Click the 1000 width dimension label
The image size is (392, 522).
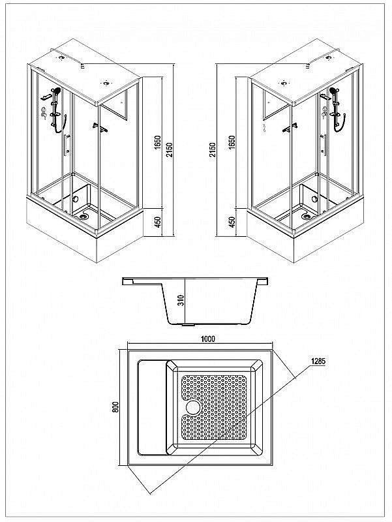[208, 339]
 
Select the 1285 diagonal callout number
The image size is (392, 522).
[318, 361]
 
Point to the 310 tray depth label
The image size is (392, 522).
[181, 301]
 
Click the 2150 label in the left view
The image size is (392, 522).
[170, 151]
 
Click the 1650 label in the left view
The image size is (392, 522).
[158, 142]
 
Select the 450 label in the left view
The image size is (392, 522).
[158, 222]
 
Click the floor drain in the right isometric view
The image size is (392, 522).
[306, 217]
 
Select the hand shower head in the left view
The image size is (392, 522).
[57, 90]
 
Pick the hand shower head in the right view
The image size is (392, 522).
[332, 90]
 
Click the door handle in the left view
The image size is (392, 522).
[67, 144]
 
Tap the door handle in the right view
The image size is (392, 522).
[323, 145]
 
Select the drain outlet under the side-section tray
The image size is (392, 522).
[188, 325]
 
